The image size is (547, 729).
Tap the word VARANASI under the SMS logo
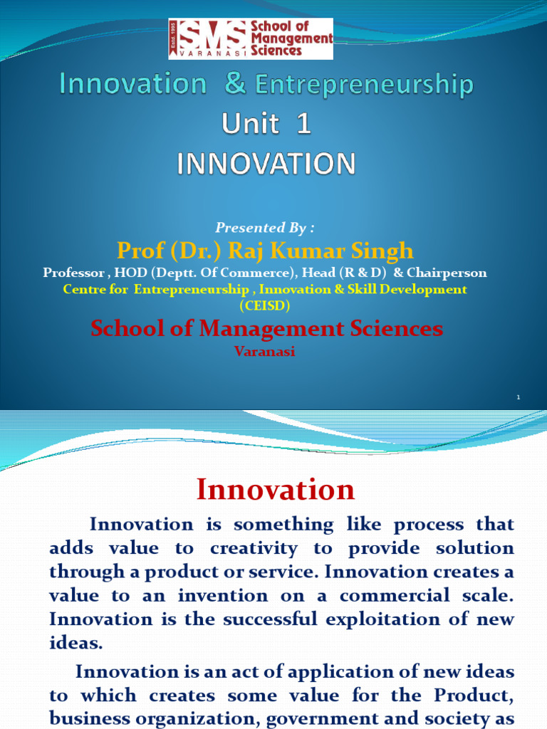(209, 53)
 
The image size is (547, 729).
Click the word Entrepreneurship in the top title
(364, 85)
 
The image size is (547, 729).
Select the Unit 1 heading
(266, 125)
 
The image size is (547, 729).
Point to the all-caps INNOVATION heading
(266, 164)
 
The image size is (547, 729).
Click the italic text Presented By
(265, 228)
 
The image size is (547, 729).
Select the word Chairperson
(447, 273)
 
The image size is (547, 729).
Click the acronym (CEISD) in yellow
(265, 305)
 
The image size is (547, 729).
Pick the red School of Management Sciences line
(266, 328)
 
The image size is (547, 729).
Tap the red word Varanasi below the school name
(265, 352)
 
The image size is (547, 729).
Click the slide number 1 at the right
(519, 397)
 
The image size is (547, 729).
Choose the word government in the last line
(328, 718)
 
